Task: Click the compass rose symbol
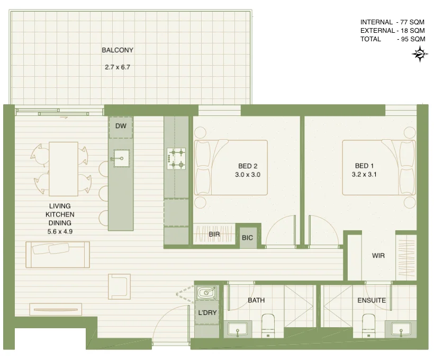pos(420,54)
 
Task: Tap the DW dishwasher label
pos(121,126)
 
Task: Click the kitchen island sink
pos(121,158)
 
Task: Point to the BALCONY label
pos(117,50)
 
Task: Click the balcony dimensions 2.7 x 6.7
pos(117,67)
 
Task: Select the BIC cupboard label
pos(247,238)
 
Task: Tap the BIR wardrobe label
pos(214,233)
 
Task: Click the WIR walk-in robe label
pos(378,256)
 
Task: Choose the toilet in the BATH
pos(269,325)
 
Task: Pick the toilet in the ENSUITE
pos(368,325)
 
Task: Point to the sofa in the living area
pos(58,254)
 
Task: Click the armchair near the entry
pos(119,286)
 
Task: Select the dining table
pos(64,168)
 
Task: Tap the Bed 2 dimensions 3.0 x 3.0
pos(248,174)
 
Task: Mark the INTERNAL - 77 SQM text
pos(392,22)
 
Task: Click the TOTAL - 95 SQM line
pos(392,39)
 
